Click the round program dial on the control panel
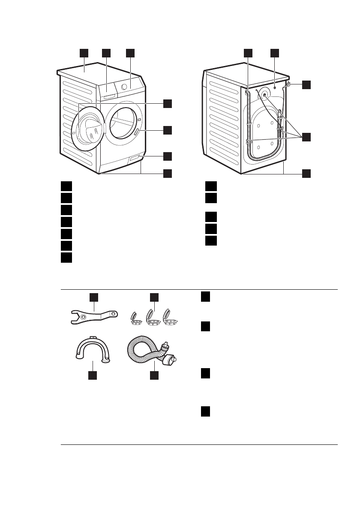(x=124, y=86)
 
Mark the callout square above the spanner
(x=94, y=297)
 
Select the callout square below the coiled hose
(x=154, y=375)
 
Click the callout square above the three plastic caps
(x=154, y=297)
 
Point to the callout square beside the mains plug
(x=306, y=84)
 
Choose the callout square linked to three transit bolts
(x=306, y=137)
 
